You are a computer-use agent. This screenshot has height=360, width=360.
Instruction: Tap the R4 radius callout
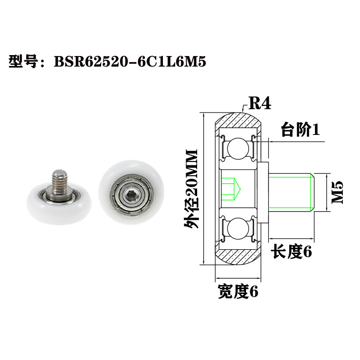pyautogui.click(x=259, y=103)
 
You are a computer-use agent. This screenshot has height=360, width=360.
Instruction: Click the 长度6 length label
pyautogui.click(x=292, y=252)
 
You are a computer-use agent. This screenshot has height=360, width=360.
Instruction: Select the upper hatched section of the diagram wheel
pyautogui.click(x=237, y=121)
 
